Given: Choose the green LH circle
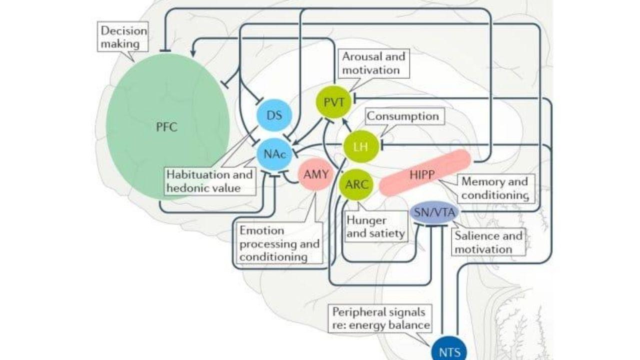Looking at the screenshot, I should [360, 146].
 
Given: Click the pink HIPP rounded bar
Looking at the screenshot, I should [425, 172].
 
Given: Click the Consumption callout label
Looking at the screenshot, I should [402, 116].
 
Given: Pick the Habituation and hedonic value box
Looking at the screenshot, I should [209, 181].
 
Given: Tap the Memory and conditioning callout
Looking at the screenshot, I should [494, 187].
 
